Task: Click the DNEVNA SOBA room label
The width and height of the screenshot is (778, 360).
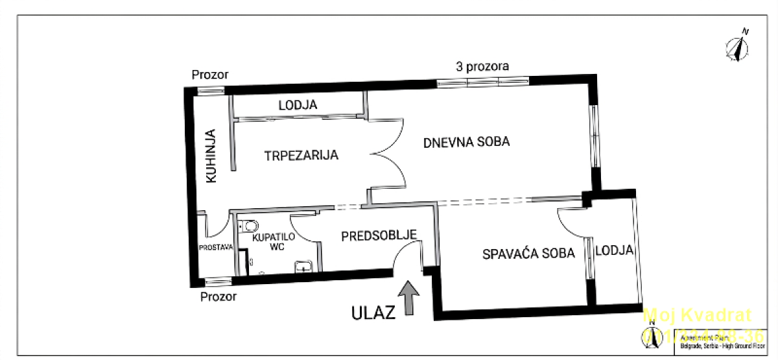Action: click(466, 141)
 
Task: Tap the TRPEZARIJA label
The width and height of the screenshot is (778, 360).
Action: click(301, 156)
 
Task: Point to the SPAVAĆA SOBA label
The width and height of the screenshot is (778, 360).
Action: click(528, 254)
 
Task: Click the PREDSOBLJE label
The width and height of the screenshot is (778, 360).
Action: click(379, 235)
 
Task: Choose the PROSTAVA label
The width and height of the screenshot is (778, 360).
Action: click(216, 247)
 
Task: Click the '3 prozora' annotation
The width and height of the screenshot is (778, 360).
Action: click(482, 66)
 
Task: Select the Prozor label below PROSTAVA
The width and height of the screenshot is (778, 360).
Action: click(218, 296)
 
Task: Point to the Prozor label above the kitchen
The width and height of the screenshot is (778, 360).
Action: click(210, 75)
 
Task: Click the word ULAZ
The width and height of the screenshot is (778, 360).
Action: click(373, 313)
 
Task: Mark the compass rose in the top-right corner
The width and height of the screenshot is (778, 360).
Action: click(738, 47)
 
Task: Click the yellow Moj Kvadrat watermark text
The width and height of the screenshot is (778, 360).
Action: click(697, 316)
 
